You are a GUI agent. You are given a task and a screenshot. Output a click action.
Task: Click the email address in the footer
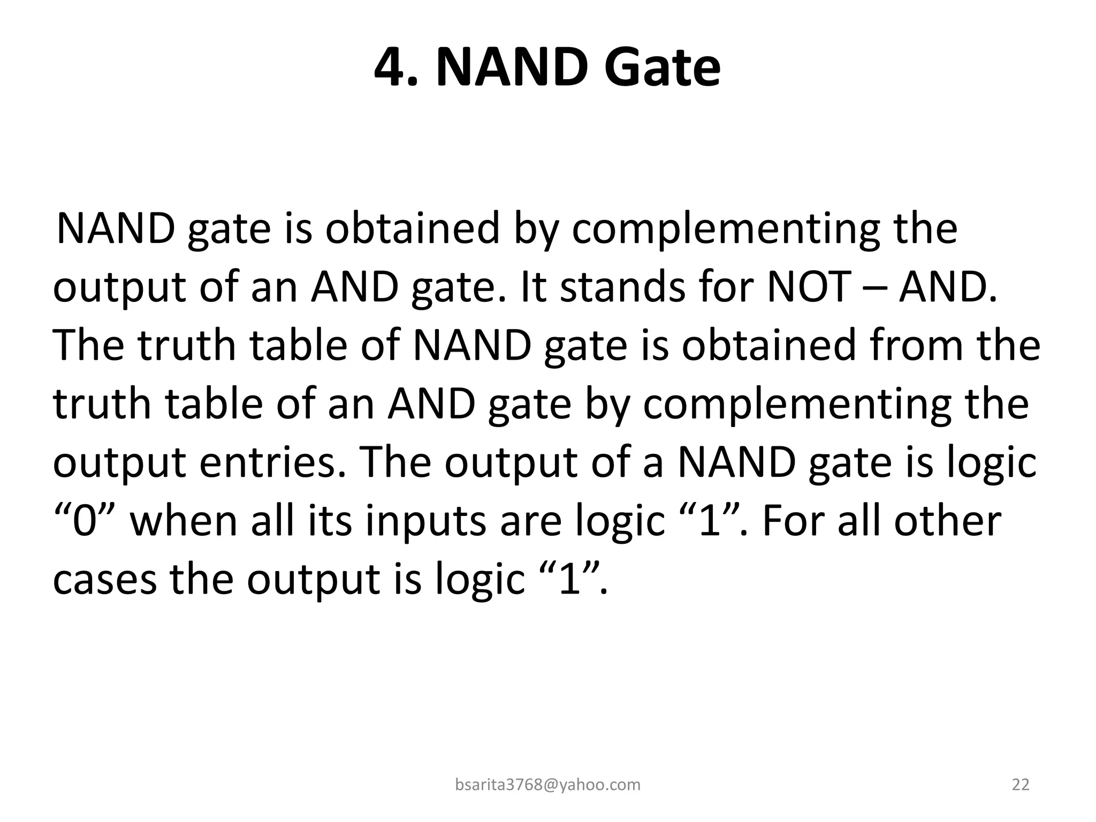(547, 785)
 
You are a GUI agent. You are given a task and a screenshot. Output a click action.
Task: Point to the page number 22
(1021, 785)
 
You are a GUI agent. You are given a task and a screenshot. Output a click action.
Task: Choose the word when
(184, 521)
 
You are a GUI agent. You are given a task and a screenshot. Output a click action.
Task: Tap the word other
(947, 521)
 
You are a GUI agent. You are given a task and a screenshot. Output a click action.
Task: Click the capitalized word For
(794, 521)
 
